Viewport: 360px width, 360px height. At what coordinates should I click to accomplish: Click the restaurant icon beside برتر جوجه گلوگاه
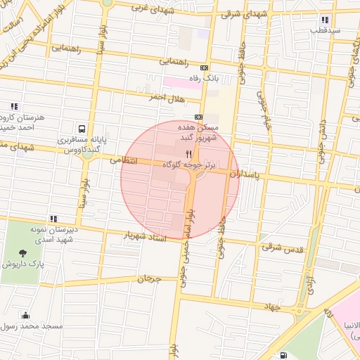click(188, 154)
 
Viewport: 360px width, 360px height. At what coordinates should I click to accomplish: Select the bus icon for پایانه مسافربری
click(82, 129)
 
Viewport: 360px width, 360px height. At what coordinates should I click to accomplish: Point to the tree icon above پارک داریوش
click(24, 252)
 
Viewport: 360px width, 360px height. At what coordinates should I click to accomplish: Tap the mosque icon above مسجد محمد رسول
click(26, 315)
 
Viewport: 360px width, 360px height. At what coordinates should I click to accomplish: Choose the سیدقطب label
click(327, 31)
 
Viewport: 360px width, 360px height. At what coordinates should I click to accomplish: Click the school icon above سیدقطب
click(324, 20)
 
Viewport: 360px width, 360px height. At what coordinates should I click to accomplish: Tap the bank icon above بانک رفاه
click(205, 67)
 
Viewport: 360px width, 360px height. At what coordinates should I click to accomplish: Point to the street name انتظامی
click(127, 162)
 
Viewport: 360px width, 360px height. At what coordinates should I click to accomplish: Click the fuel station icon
click(283, 355)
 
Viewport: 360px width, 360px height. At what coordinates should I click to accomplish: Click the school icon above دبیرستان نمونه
click(53, 219)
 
